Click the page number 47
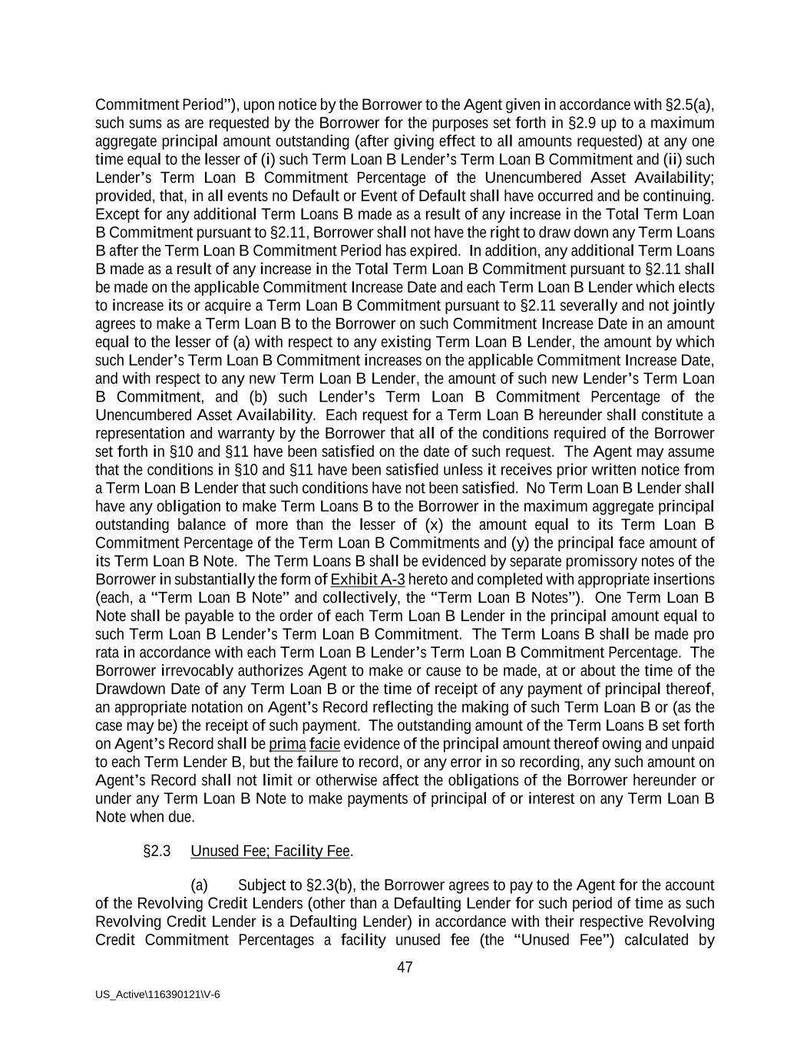point(405,967)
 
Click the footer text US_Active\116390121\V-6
point(157,994)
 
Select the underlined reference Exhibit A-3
point(367,580)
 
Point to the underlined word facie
point(325,744)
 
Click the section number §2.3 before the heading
point(157,851)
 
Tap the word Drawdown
point(128,689)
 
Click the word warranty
point(235,433)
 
